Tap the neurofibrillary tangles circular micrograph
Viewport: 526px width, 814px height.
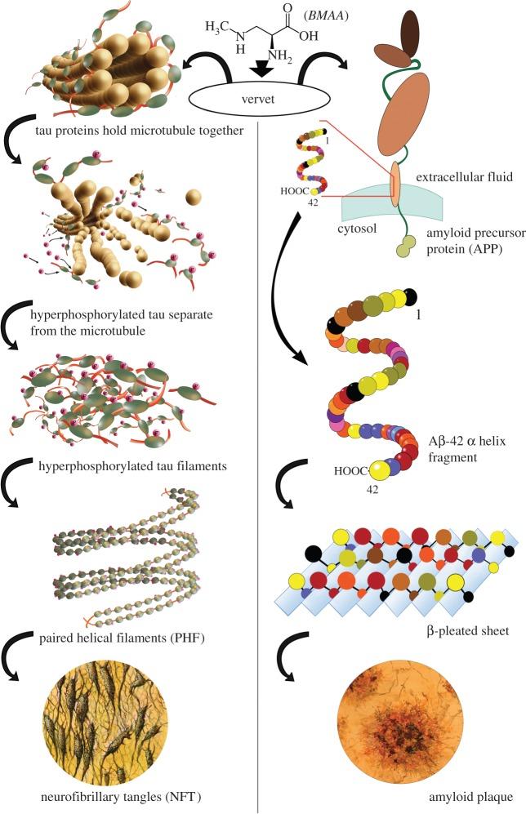127,723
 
